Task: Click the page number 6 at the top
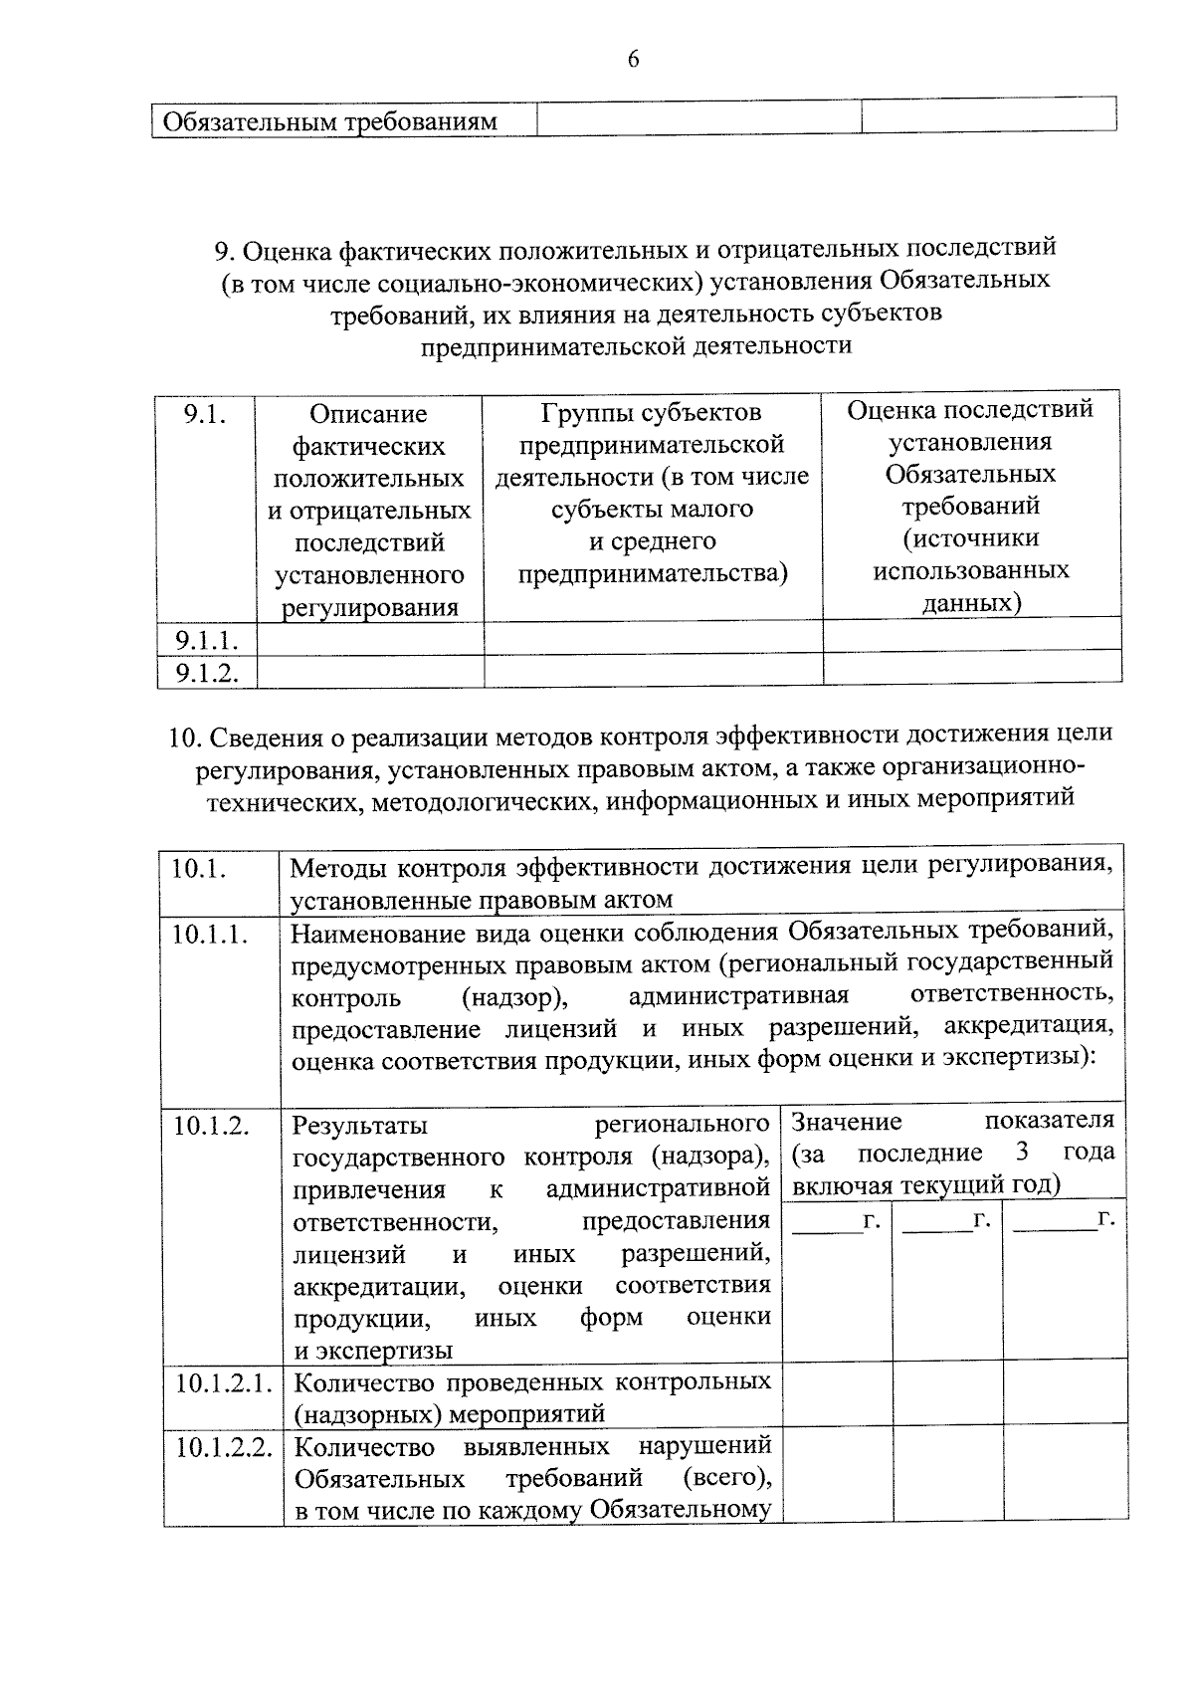point(633,60)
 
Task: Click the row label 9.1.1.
point(206,639)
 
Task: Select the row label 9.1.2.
point(206,672)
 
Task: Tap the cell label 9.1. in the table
point(204,414)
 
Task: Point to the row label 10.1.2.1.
point(224,1383)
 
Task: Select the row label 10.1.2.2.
point(224,1447)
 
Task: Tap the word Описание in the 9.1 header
point(368,414)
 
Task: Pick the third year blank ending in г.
point(1063,1220)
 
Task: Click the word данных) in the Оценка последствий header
point(971,602)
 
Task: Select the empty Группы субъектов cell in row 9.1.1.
point(653,638)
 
